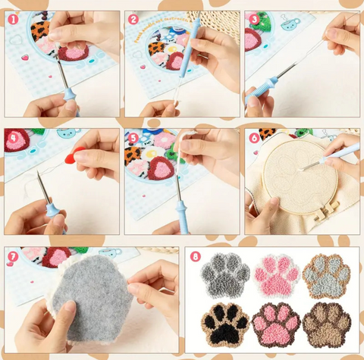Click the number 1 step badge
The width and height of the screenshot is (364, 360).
pyautogui.click(x=13, y=20)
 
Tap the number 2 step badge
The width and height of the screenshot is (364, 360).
pyautogui.click(x=133, y=20)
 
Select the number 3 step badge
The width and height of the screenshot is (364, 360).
pyautogui.click(x=253, y=20)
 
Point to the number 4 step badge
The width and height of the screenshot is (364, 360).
pyautogui.click(x=13, y=138)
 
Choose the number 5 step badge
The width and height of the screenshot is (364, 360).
pyautogui.click(x=133, y=138)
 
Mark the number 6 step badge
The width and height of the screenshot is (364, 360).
pyautogui.click(x=253, y=138)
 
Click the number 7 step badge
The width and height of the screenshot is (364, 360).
pyautogui.click(x=13, y=257)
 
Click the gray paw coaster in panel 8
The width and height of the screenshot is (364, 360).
pyautogui.click(x=225, y=274)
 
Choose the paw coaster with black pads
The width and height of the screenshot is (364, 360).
pyautogui.click(x=225, y=324)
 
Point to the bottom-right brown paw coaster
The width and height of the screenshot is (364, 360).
pyautogui.click(x=326, y=324)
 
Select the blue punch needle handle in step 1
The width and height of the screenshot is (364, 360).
pyautogui.click(x=70, y=94)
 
